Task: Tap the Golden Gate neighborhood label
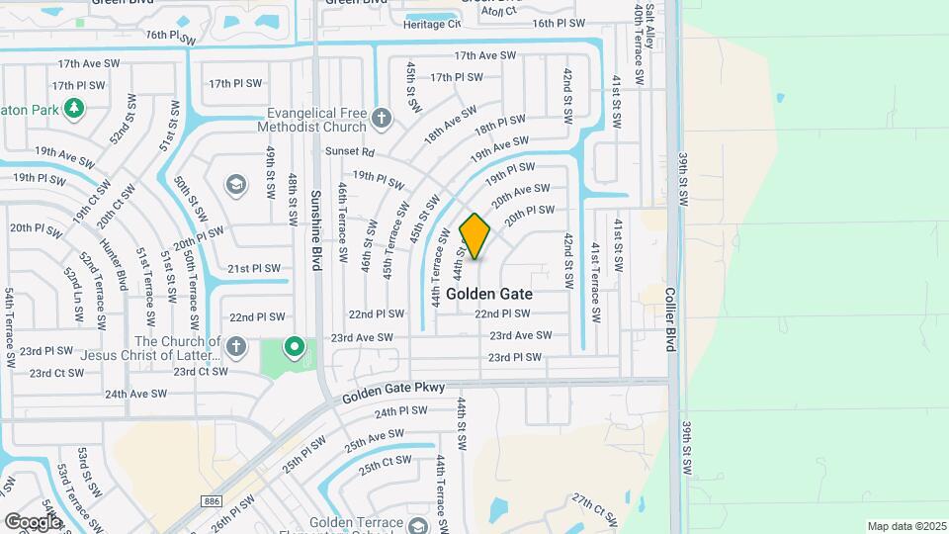coord(489,294)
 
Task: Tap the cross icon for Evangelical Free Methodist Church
coord(383,120)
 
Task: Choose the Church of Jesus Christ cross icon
coord(235,347)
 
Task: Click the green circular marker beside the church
coord(294,347)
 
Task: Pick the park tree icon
coord(72,107)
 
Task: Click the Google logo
coord(33,521)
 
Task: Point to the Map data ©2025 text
coord(906,526)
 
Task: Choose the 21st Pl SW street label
coord(253,268)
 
